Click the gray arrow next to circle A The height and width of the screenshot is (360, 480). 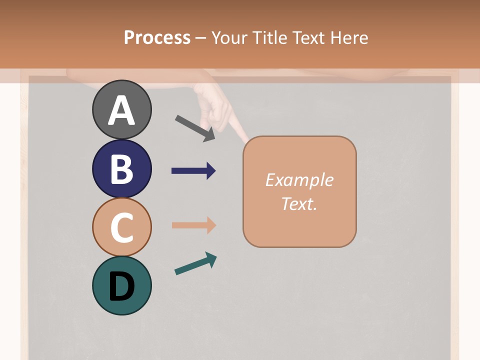[x=195, y=128]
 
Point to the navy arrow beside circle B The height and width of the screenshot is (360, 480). [x=193, y=171]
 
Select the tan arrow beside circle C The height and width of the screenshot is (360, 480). [x=193, y=225]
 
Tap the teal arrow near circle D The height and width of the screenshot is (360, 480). [x=195, y=263]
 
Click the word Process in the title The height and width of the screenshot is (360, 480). [x=157, y=37]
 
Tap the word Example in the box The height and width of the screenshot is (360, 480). [x=299, y=180]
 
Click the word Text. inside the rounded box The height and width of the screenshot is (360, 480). [x=299, y=204]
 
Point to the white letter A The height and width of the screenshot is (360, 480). [x=121, y=110]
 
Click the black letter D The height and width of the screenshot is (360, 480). [x=121, y=286]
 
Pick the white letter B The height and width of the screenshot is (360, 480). [x=121, y=169]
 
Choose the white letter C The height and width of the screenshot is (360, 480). [x=121, y=227]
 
